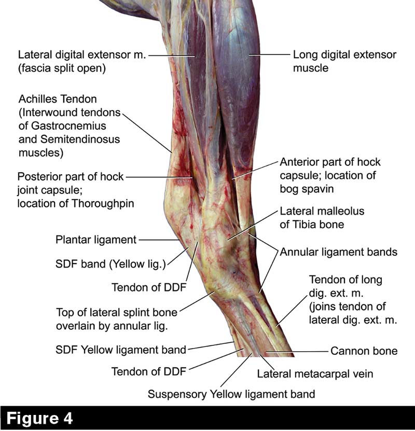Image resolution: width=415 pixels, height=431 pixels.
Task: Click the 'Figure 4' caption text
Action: [40, 418]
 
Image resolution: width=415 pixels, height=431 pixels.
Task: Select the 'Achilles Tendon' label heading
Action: [58, 99]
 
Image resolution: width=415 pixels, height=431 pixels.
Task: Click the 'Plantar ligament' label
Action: [96, 240]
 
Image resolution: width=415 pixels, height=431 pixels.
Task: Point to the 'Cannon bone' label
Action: [364, 351]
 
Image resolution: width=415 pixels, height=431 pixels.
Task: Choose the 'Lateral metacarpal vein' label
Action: [315, 373]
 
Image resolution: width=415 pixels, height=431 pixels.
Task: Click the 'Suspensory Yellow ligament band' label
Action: [231, 394]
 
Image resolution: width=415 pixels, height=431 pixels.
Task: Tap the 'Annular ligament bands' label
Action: [339, 253]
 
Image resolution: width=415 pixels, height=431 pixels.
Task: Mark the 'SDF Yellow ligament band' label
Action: [120, 350]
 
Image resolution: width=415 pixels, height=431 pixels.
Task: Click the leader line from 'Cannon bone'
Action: [298, 351]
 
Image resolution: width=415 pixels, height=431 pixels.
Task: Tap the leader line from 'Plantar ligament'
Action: [159, 240]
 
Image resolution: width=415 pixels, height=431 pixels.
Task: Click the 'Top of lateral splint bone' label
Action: [117, 313]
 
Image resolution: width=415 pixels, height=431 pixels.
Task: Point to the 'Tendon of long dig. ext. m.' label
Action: [345, 280]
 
